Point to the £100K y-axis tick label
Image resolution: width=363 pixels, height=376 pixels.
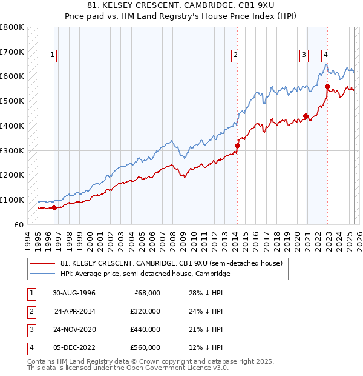pyautogui.click(x=13, y=200)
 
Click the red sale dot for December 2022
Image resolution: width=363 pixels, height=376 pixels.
pyautogui.click(x=327, y=86)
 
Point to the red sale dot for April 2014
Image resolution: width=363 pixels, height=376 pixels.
pyautogui.click(x=238, y=146)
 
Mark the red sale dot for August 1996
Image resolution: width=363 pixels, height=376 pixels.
pyautogui.click(x=54, y=207)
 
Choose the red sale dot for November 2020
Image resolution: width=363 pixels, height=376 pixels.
pyautogui.click(x=306, y=116)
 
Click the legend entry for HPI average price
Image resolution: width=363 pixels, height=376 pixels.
pyautogui.click(x=146, y=274)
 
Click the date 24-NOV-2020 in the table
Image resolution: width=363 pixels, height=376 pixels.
pyautogui.click(x=75, y=329)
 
